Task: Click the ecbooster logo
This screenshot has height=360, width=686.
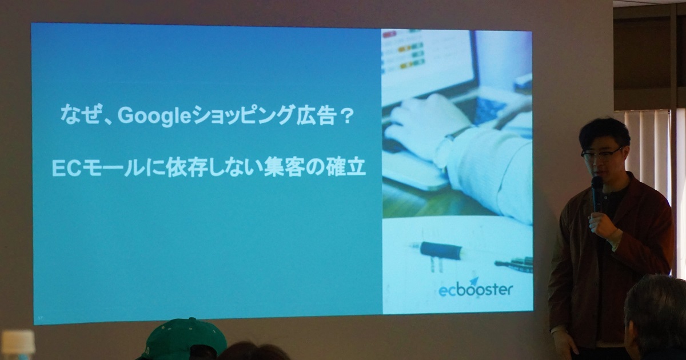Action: click(476, 290)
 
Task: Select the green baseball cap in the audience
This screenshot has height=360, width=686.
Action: click(184, 340)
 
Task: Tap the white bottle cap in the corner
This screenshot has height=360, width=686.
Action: click(18, 345)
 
